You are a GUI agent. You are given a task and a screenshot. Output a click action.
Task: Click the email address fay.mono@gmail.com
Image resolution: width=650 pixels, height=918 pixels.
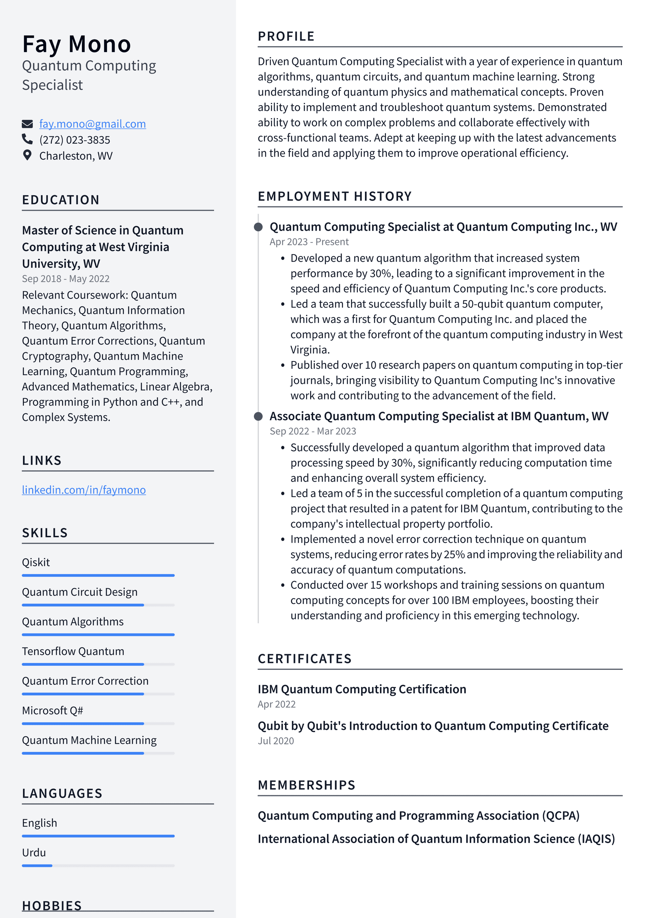pyautogui.click(x=92, y=124)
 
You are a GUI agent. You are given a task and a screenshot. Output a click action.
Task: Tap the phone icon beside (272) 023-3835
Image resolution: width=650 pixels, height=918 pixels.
pyautogui.click(x=27, y=139)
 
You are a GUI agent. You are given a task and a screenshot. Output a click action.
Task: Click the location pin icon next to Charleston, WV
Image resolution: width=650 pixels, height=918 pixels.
pyautogui.click(x=27, y=155)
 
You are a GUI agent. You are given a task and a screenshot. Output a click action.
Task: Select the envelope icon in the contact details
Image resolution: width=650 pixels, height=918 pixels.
pyautogui.click(x=27, y=124)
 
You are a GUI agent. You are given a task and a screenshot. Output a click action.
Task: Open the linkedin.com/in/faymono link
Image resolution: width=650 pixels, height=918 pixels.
pyautogui.click(x=84, y=490)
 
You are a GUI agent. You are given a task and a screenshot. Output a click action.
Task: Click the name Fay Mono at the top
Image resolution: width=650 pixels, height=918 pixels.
pyautogui.click(x=77, y=44)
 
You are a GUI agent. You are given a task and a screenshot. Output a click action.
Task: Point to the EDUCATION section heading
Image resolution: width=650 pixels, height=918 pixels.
pyautogui.click(x=61, y=200)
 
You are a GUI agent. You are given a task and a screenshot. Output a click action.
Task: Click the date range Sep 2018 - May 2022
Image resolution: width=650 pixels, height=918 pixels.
pyautogui.click(x=66, y=279)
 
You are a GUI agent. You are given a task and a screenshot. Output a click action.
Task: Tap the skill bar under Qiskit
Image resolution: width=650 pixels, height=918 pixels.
pyautogui.click(x=98, y=575)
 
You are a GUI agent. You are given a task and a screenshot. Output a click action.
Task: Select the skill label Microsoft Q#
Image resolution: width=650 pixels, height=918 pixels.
pyautogui.click(x=52, y=711)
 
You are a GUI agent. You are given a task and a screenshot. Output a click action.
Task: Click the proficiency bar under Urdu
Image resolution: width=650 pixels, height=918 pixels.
pyautogui.click(x=98, y=866)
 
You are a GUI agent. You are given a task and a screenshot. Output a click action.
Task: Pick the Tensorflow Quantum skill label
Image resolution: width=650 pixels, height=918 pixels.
pyautogui.click(x=73, y=651)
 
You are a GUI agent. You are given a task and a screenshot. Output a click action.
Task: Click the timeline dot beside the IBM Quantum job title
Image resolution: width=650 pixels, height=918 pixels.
pyautogui.click(x=259, y=416)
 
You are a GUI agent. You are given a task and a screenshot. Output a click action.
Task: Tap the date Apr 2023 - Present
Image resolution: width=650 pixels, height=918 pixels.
pyautogui.click(x=309, y=242)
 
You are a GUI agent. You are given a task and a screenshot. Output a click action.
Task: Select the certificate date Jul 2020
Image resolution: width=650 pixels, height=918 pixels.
pyautogui.click(x=276, y=741)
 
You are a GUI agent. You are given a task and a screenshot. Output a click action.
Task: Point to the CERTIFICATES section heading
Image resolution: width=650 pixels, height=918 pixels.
pyautogui.click(x=304, y=659)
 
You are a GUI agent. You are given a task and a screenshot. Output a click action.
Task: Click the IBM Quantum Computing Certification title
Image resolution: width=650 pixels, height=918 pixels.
pyautogui.click(x=362, y=689)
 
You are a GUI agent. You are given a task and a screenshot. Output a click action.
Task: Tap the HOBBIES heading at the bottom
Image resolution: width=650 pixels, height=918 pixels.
pyautogui.click(x=52, y=905)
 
